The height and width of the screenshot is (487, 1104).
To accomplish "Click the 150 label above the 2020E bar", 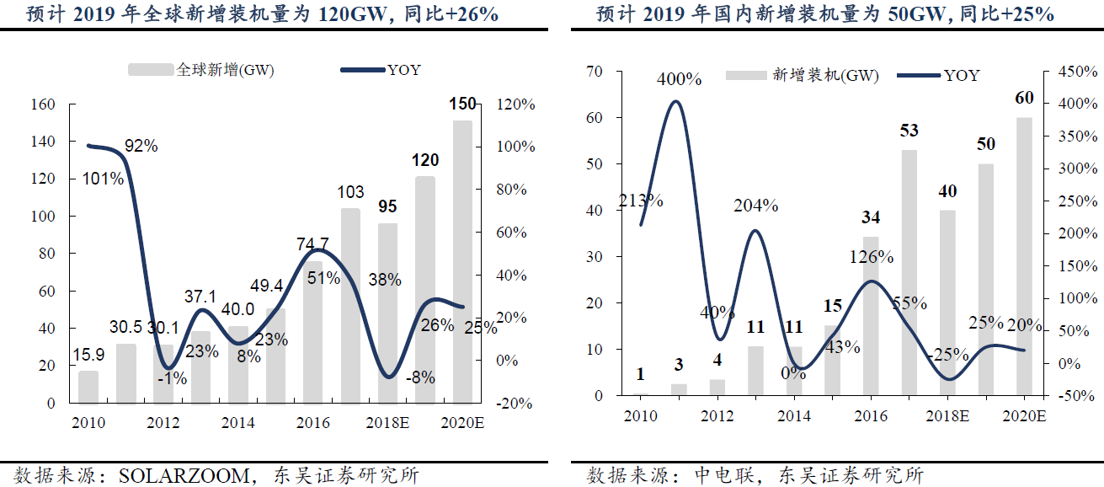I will click(x=462, y=104).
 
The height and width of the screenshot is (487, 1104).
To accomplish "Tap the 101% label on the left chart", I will click(x=104, y=179).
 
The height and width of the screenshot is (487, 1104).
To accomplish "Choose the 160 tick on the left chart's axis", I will click(x=43, y=104).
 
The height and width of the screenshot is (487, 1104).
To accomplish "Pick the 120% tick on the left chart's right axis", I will click(x=515, y=104).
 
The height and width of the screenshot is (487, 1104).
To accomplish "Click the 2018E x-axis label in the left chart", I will click(x=388, y=421).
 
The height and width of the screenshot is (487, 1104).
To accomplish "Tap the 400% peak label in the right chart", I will click(x=680, y=79).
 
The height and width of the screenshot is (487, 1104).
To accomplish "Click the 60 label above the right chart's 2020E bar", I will click(x=1024, y=98).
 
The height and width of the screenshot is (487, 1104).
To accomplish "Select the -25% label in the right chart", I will click(x=947, y=355).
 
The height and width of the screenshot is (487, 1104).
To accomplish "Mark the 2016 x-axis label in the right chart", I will click(x=872, y=415).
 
